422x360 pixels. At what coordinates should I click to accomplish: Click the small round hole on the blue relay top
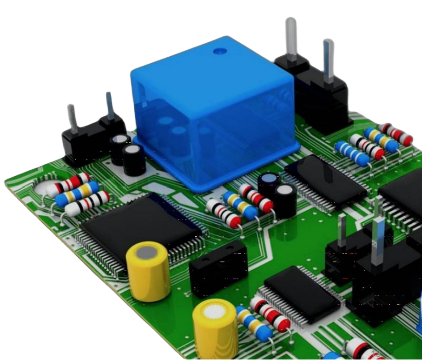pos(218,51)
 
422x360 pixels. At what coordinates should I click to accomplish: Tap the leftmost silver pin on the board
pos(72,119)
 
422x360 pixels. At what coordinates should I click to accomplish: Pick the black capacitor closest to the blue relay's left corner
pos(133,158)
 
